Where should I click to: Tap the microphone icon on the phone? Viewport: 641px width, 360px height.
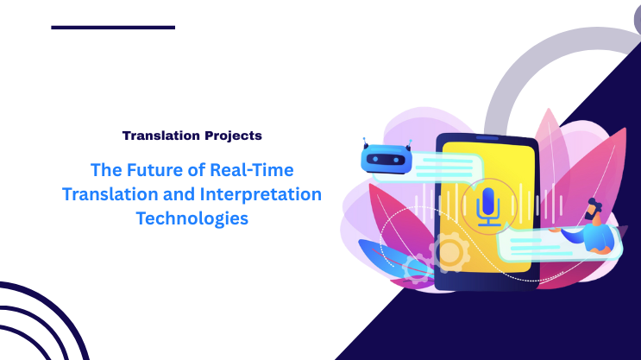(x=488, y=207)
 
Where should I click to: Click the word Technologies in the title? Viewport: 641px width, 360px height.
(x=192, y=218)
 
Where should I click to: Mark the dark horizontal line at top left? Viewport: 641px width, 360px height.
(x=113, y=28)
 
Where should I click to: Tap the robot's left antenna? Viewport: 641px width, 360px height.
(x=367, y=142)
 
